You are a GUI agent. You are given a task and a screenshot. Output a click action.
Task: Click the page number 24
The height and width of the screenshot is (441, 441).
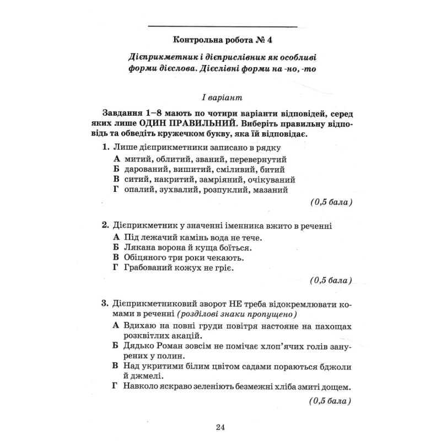220,427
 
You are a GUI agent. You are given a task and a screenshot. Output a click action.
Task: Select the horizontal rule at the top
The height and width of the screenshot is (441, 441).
223,26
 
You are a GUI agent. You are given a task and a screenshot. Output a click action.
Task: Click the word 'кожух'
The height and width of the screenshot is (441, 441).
184,268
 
